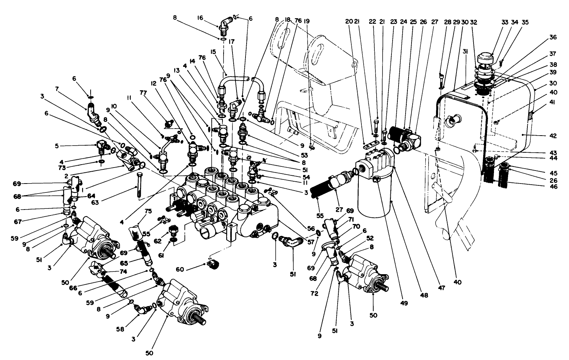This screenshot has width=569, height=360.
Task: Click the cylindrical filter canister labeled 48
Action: (x=374, y=201)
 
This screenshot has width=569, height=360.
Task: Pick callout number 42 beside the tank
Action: (x=553, y=136)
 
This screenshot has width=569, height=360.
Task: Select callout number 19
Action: (x=306, y=21)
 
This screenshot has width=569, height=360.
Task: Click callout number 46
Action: (x=553, y=187)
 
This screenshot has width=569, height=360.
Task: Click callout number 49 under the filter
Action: (x=404, y=303)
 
